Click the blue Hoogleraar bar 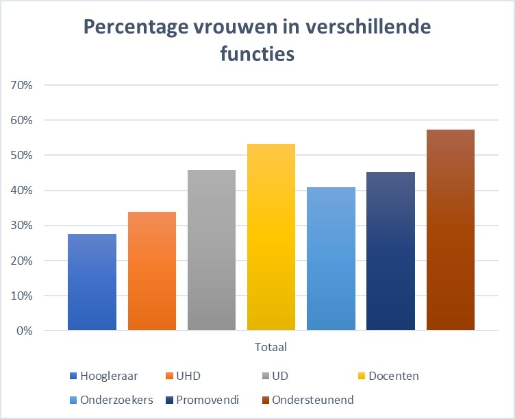(92, 282)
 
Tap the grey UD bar (212, 250)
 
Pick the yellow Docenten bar (271, 237)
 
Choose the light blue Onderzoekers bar (331, 259)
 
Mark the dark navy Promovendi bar (390, 251)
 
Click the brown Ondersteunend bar (451, 230)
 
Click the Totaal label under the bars (271, 348)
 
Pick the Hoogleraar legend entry (103, 376)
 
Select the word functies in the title (258, 53)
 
